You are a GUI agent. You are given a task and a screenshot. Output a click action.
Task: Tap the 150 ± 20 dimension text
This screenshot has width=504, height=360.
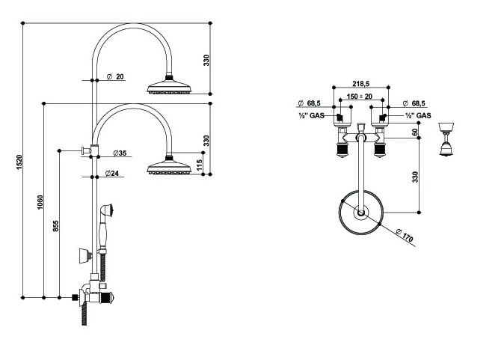[x=362, y=97]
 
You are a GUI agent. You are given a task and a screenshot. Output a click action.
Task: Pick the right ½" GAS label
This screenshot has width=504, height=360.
[x=419, y=117]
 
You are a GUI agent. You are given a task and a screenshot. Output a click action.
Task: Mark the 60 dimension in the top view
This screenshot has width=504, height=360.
[x=416, y=132]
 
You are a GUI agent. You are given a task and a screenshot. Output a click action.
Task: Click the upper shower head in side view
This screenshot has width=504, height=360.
[x=172, y=86]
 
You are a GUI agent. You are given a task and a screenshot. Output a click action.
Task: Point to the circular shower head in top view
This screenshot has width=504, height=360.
[x=362, y=215]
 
